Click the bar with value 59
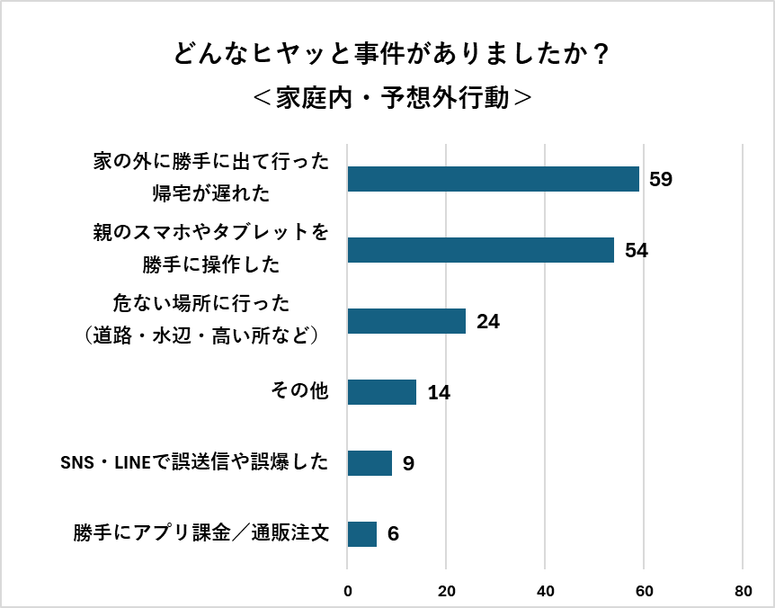pos(493,179)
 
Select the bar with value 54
pos(480,250)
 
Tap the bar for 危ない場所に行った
pos(406,321)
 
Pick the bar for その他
pos(381,392)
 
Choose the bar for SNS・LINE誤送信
pos(370,463)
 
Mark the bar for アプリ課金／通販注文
pos(361,534)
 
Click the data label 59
pos(661,179)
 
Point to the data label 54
pos(636,250)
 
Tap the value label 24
pos(487,321)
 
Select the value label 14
pos(438,392)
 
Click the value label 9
pos(408,463)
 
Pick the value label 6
pos(393,534)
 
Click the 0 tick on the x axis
pos(348,591)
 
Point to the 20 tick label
pos(446,591)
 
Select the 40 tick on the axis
pos(545,591)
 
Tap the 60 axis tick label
pos(644,591)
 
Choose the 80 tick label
pos(743,591)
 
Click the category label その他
pos(299,392)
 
